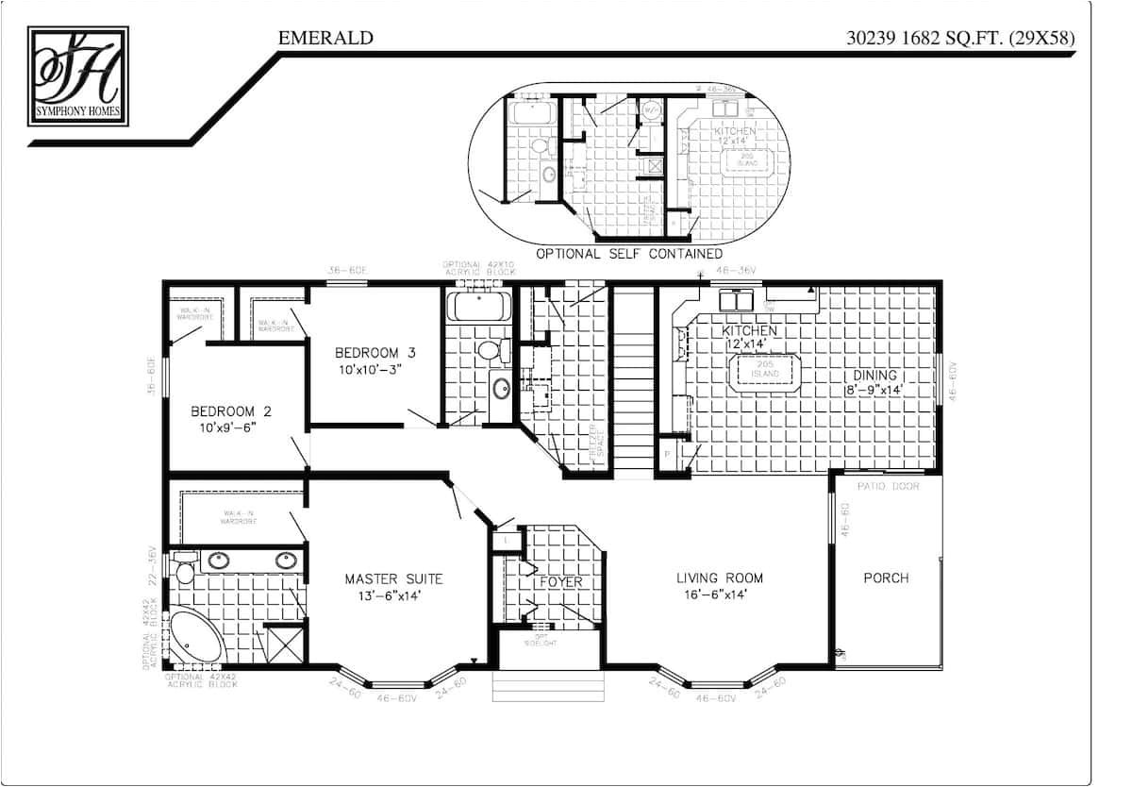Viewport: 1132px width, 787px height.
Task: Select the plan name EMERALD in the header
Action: click(x=325, y=38)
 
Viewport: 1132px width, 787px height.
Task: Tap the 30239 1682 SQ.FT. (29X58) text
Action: click(x=961, y=38)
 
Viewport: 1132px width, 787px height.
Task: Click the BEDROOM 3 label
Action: click(x=375, y=352)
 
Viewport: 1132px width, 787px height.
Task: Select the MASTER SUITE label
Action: click(x=393, y=578)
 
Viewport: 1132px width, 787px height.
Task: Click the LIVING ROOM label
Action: click(x=719, y=578)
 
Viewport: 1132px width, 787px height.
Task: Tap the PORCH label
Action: click(x=886, y=578)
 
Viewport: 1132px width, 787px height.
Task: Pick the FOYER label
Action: click(x=560, y=582)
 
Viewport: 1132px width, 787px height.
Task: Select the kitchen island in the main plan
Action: click(x=765, y=370)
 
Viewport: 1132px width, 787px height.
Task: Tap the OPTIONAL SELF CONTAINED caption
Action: click(x=628, y=254)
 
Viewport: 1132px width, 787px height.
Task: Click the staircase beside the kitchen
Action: click(x=634, y=377)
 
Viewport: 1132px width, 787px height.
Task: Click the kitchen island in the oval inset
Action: click(x=754, y=160)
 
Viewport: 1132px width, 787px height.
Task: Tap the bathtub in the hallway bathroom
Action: click(x=478, y=306)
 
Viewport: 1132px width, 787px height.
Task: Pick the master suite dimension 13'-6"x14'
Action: click(x=393, y=595)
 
